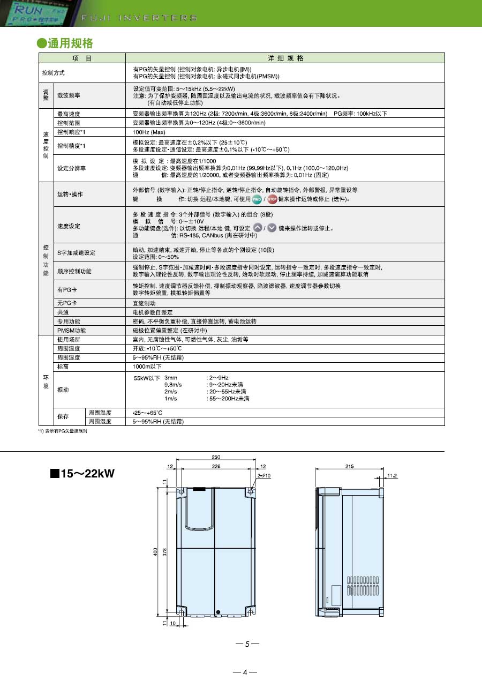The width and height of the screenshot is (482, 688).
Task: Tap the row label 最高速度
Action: click(x=68, y=114)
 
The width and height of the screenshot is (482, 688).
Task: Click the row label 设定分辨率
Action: click(x=71, y=168)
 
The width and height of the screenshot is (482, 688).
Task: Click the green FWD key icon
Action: click(x=257, y=199)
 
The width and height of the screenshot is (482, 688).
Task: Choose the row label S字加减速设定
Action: click(x=76, y=252)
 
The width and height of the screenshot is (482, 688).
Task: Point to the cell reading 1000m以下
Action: click(x=147, y=367)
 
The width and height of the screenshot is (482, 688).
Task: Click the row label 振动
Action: click(x=63, y=390)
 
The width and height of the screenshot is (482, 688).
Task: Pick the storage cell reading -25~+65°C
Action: click(x=147, y=413)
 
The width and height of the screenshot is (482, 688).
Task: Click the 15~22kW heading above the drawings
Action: click(x=82, y=474)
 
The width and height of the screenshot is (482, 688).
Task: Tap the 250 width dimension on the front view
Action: click(x=216, y=457)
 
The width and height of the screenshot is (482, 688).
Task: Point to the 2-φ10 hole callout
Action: click(x=265, y=475)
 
